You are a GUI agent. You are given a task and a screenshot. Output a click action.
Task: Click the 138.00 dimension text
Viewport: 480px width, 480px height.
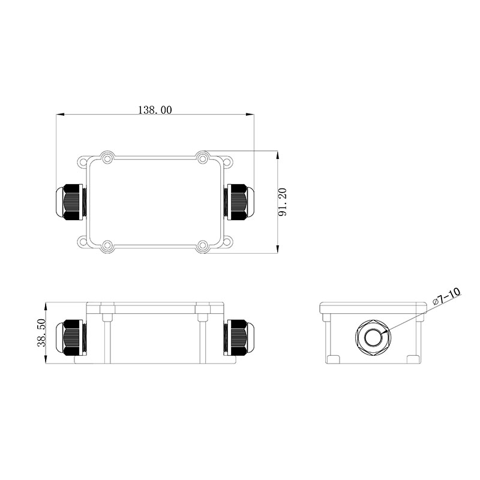(x=155, y=110)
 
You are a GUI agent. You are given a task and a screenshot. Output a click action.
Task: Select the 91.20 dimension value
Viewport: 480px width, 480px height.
(x=282, y=202)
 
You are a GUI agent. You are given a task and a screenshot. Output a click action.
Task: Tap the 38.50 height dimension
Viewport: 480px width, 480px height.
(x=41, y=332)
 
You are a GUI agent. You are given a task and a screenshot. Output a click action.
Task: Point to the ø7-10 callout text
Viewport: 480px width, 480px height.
(x=446, y=296)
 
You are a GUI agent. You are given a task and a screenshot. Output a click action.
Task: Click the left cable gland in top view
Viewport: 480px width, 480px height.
(x=71, y=202)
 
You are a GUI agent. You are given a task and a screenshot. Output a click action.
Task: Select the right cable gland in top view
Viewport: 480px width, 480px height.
(x=239, y=202)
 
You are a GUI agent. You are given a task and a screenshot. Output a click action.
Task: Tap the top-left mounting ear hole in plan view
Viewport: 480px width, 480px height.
(x=83, y=161)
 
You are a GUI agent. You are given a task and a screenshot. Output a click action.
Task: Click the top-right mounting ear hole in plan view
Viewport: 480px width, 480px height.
(x=227, y=161)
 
